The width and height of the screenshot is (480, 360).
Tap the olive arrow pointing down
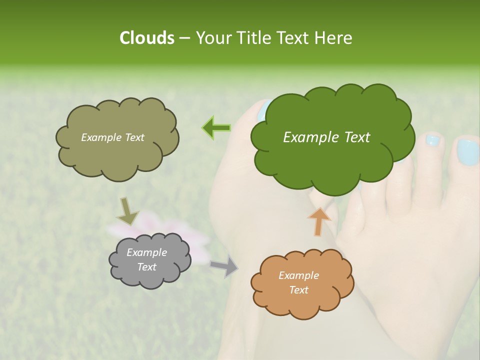[x=127, y=210]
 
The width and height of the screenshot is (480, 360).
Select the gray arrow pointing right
[x=224, y=266]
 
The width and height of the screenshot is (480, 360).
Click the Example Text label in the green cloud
[x=326, y=137]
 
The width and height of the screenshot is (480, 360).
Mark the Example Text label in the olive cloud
[x=112, y=137]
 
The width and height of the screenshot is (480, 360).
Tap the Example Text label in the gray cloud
[x=146, y=259]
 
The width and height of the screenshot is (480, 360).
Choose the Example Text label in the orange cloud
[x=298, y=282]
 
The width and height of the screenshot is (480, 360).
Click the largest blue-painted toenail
[x=467, y=152]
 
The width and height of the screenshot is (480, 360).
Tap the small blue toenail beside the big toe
[x=432, y=141]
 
